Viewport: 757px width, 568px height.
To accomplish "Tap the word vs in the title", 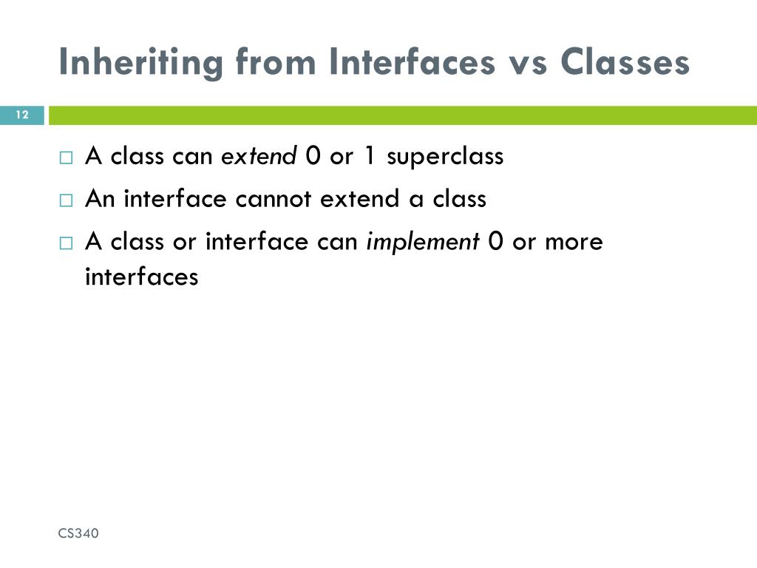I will click(528, 63).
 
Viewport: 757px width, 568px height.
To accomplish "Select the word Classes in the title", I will click(625, 63).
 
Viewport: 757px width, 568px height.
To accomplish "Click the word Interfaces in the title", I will click(403, 63).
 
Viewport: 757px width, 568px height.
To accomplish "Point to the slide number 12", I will click(21, 115).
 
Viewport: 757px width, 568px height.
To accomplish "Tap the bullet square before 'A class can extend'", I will click(67, 158).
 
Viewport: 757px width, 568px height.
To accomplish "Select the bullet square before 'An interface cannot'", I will click(67, 200).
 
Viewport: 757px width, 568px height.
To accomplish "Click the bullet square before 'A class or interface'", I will click(67, 243).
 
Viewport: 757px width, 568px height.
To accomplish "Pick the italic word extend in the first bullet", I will click(259, 156).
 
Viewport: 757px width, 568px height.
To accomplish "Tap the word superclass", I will click(445, 158).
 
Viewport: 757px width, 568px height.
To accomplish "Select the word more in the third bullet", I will click(574, 242).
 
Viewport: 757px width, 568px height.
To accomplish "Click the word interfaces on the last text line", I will click(142, 277).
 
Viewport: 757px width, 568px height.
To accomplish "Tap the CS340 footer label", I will click(78, 533).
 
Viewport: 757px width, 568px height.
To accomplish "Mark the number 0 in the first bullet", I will click(312, 156).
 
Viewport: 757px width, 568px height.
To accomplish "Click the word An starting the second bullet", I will click(101, 199).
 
